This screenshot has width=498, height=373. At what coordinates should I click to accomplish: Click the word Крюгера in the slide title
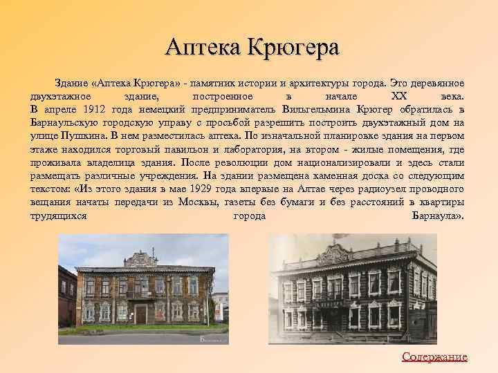point(295,48)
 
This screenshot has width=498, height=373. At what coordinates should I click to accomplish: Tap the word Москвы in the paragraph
point(196,203)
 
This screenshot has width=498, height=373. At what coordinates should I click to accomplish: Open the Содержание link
point(434,356)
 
